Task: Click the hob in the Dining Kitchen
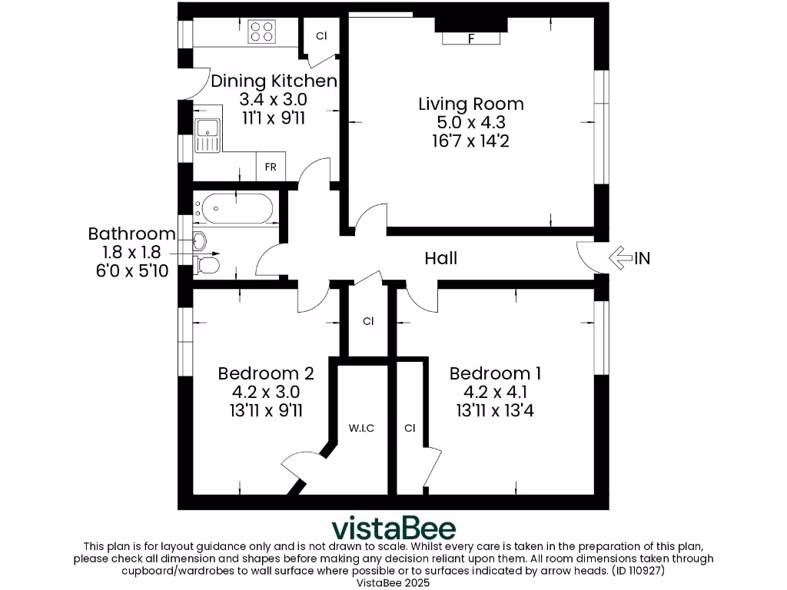coord(262,31)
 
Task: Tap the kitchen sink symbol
coord(207,136)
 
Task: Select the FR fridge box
coord(271,167)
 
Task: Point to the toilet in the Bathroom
coord(207,266)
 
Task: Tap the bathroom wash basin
coord(199,240)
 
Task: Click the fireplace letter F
coord(470,39)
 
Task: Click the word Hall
coord(441,258)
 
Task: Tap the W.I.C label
coord(361,428)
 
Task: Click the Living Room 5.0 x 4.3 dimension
coord(471,123)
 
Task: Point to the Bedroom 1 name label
coord(495,374)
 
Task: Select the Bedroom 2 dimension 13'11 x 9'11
coord(265,410)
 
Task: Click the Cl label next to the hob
coord(321,36)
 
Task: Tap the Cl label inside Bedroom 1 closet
coord(410,428)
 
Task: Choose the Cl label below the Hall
coord(368,322)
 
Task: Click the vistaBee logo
coord(393,529)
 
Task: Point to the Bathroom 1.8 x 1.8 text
coord(131,252)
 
